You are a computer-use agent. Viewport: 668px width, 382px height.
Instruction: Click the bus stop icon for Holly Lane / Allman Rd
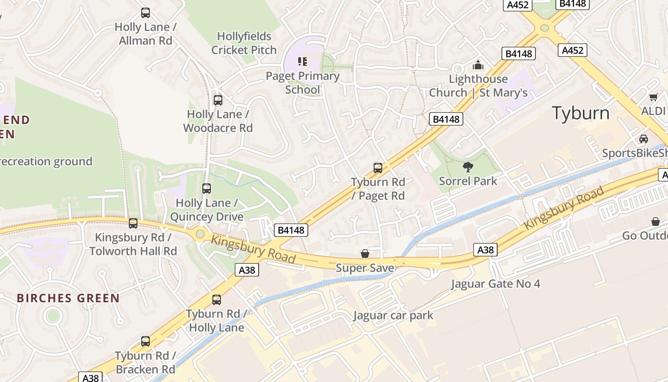point(146,13)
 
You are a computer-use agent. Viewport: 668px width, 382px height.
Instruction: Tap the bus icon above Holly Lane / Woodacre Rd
point(218,100)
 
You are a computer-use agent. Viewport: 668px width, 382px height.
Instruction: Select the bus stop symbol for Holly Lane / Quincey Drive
point(207,189)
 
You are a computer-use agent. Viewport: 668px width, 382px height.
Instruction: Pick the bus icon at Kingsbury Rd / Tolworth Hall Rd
point(133,223)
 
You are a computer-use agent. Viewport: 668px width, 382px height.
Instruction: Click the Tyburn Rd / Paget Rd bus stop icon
point(378,168)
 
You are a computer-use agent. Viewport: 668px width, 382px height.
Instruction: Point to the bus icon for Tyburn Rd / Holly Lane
point(217,299)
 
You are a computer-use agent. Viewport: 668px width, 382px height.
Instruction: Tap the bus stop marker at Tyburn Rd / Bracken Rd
point(146,341)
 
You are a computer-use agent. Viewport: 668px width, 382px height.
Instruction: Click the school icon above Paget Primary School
point(303,62)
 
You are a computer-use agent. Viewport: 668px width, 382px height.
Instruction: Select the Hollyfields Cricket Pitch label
point(244,43)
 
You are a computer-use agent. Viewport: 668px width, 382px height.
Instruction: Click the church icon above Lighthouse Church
point(478,65)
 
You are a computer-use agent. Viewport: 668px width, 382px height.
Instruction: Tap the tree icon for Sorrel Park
point(468,167)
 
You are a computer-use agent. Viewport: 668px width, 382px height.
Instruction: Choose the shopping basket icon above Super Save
point(365,254)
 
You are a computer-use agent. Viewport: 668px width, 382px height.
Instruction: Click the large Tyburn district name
point(581,113)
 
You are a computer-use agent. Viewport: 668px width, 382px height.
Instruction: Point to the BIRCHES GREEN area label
point(68,298)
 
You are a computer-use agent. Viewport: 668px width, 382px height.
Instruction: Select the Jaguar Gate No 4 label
point(496,284)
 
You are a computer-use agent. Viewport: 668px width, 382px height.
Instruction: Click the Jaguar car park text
point(393,316)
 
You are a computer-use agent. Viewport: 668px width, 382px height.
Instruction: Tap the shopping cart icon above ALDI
point(653,97)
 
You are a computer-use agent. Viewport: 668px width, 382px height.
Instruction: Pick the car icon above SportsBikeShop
point(644,139)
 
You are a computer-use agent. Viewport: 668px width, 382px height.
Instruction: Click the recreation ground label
point(46,161)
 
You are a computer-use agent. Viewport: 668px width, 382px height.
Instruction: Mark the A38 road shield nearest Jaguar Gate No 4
point(486,249)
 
